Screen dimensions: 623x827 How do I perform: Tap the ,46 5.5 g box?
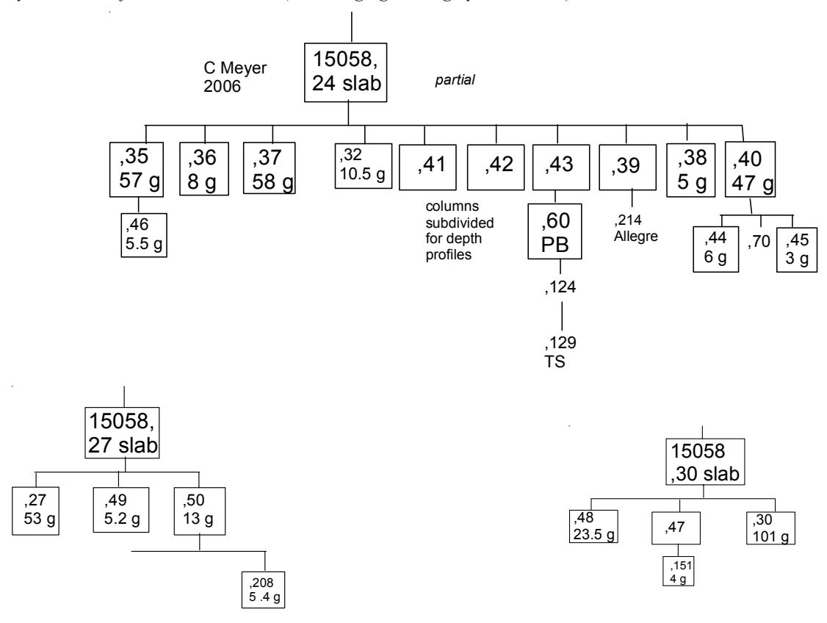coord(144,234)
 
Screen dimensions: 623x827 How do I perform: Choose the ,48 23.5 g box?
coord(594,525)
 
